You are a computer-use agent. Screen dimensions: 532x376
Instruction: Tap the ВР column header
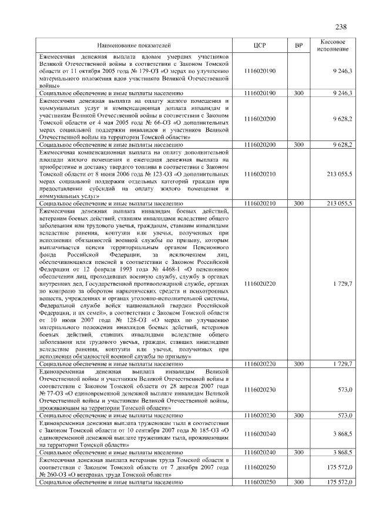[x=298, y=45]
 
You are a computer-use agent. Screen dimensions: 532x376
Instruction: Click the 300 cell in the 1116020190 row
[x=298, y=93]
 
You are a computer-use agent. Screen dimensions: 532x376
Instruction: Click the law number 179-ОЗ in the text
[x=135, y=71]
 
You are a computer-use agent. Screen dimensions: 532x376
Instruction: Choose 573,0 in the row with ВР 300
[x=344, y=416]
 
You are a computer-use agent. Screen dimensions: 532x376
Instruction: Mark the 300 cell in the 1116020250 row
[x=298, y=482]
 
